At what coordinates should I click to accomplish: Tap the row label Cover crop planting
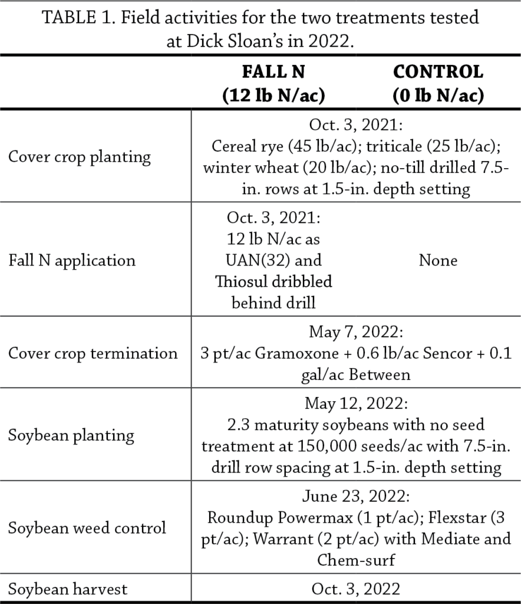click(80, 157)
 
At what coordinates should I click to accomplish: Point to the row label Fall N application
click(72, 260)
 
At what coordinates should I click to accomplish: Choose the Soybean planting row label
click(71, 435)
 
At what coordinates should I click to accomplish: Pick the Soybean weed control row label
click(87, 527)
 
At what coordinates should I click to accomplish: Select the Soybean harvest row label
click(68, 589)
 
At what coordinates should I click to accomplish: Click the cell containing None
click(438, 260)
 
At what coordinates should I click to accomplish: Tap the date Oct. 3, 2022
click(356, 589)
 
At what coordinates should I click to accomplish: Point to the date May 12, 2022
click(356, 404)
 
